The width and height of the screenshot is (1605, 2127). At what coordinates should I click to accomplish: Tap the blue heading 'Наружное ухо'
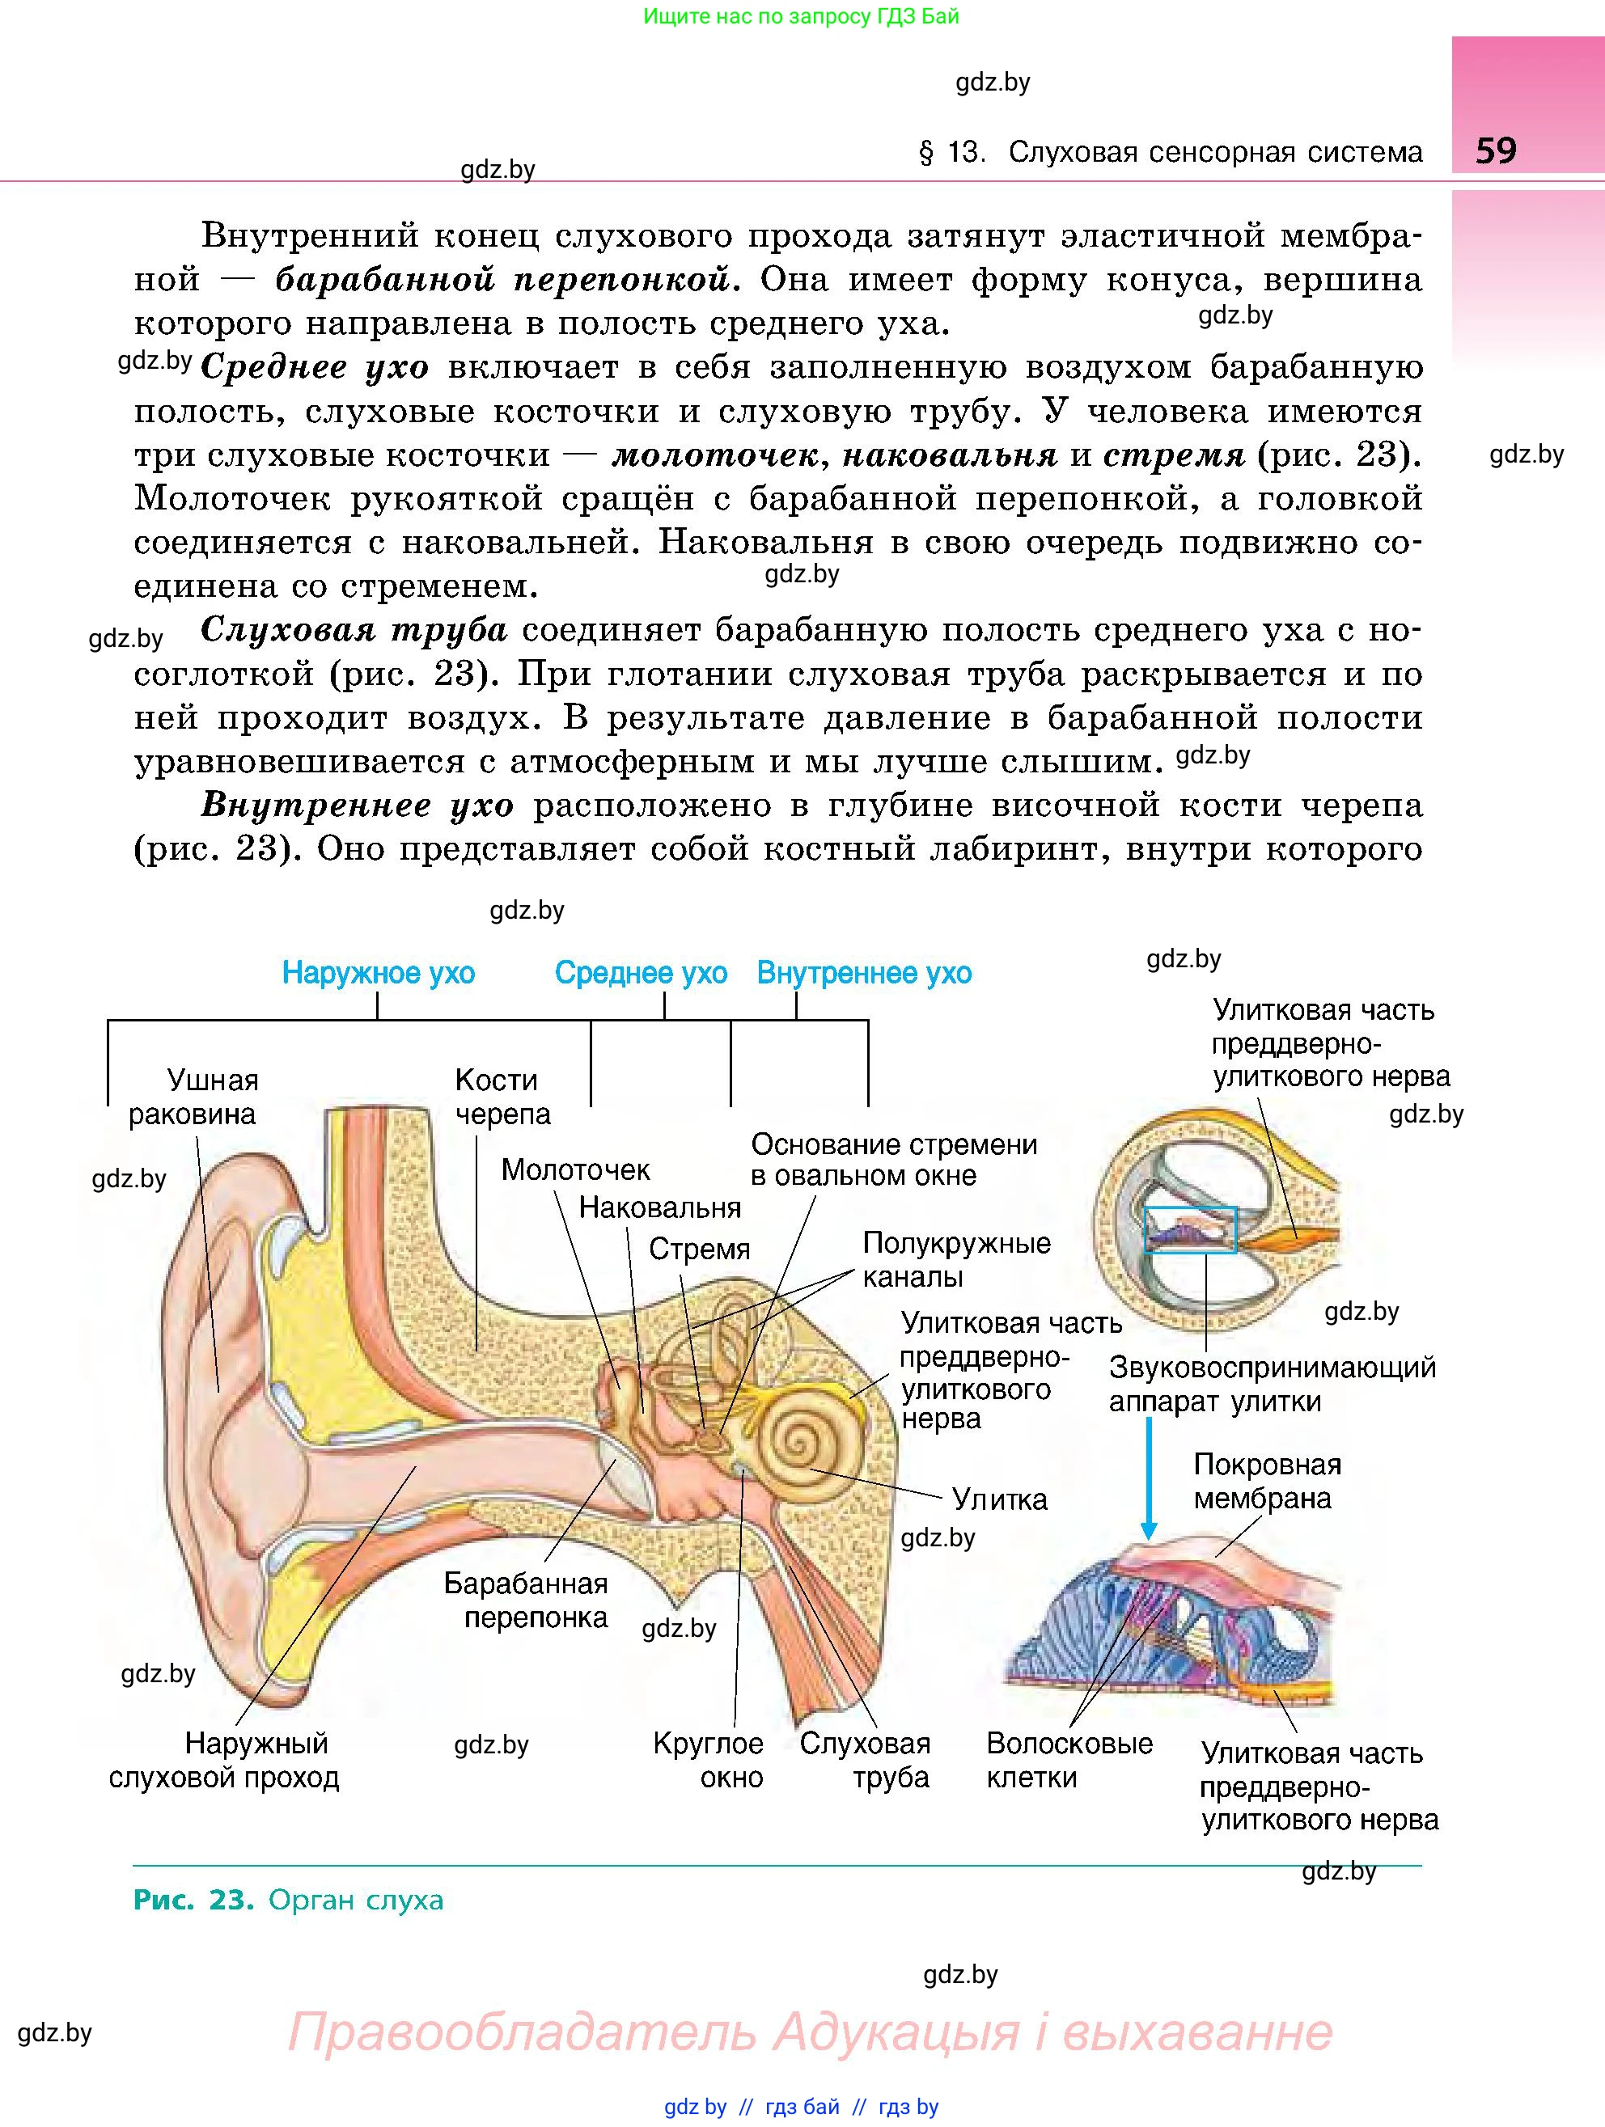click(378, 973)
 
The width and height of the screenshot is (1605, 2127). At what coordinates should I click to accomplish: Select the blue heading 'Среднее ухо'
click(641, 973)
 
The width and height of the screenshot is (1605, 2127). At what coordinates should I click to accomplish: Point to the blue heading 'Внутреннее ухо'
click(863, 973)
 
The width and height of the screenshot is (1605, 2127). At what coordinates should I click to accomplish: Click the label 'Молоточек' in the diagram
click(575, 1169)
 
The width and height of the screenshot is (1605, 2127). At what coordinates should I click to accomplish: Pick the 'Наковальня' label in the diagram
click(659, 1207)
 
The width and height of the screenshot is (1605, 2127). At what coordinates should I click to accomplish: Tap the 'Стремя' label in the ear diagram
click(698, 1249)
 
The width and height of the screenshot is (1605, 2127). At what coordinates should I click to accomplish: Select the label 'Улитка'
click(999, 1499)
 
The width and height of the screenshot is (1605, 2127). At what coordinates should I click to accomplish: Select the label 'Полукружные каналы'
click(956, 1260)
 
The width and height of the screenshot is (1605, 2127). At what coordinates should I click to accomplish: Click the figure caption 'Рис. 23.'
click(193, 1900)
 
